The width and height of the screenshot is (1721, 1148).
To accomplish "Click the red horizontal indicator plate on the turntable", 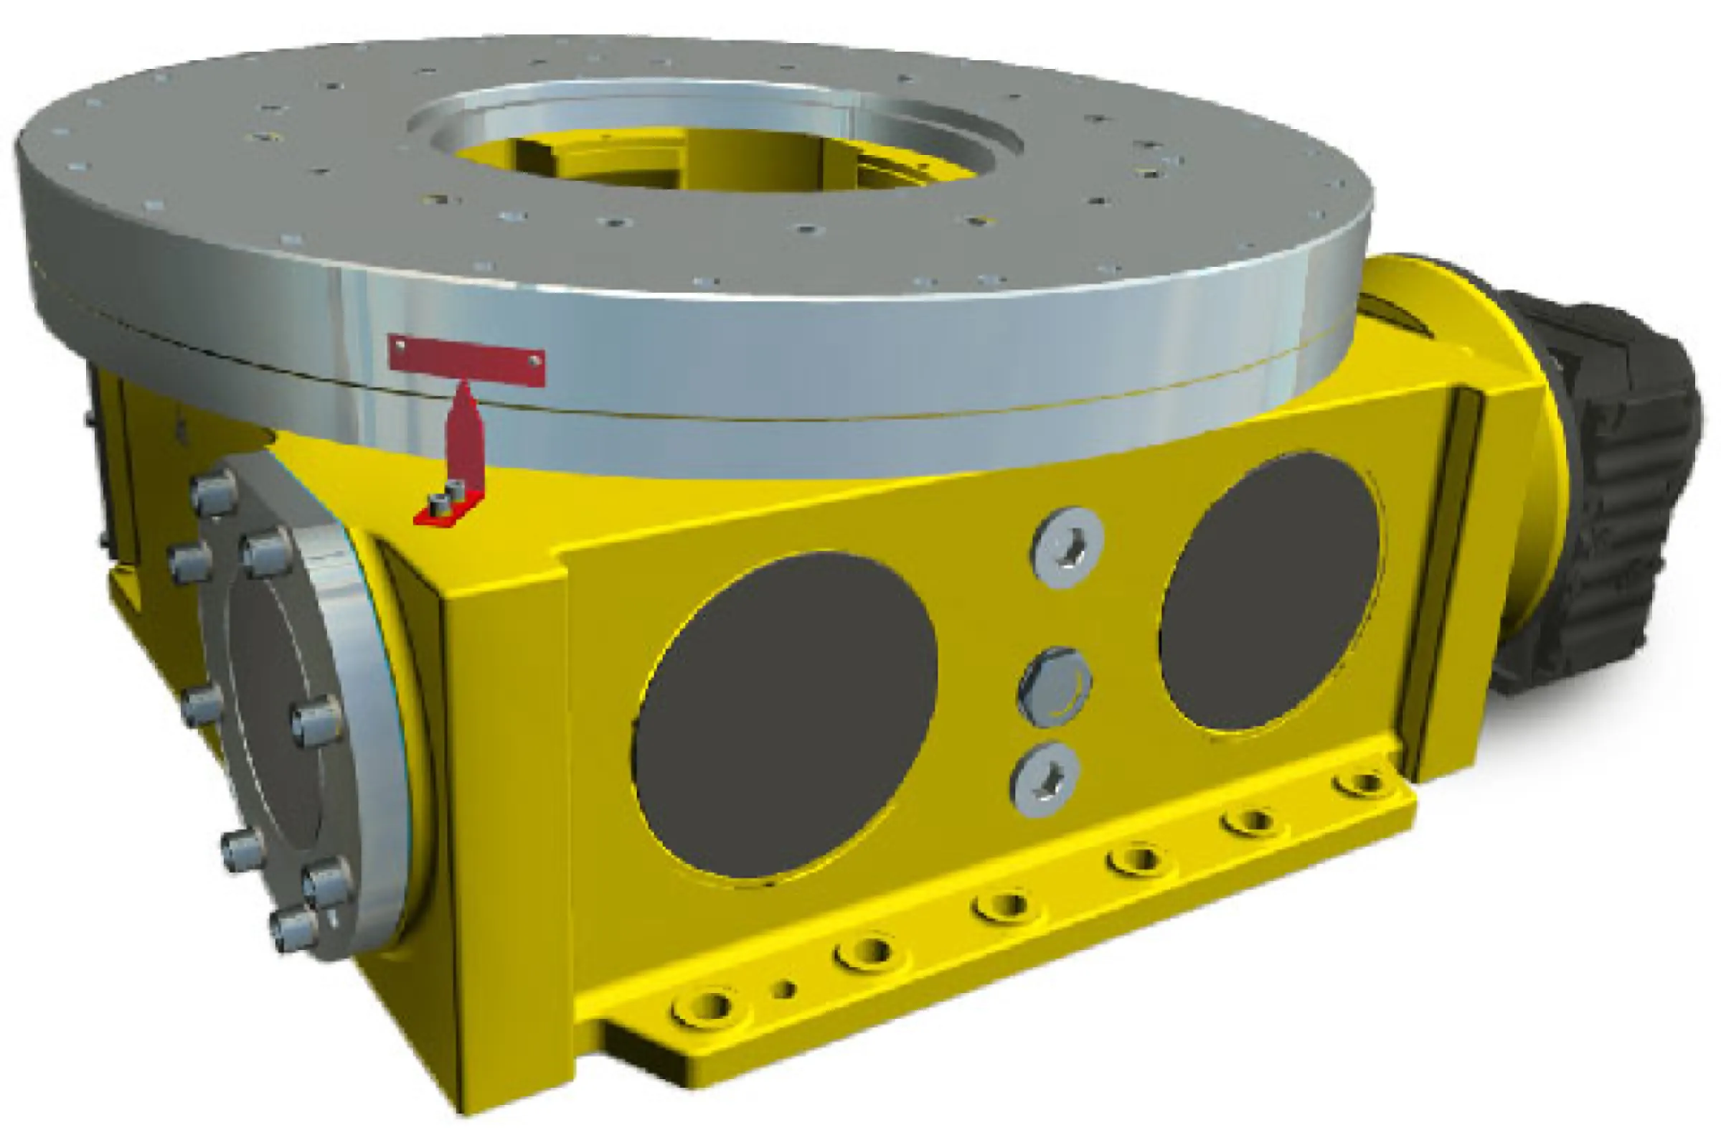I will [466, 359].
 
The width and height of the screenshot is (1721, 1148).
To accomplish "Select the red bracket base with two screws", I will [447, 508].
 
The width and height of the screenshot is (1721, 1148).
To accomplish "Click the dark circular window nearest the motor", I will [1269, 591].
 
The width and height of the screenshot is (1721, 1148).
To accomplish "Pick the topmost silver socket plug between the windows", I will [1067, 546].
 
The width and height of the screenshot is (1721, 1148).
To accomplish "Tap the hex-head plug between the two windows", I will [1054, 686].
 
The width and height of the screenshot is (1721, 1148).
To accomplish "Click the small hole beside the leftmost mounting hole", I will [784, 990].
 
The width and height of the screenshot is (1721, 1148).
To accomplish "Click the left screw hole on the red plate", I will [400, 344].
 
